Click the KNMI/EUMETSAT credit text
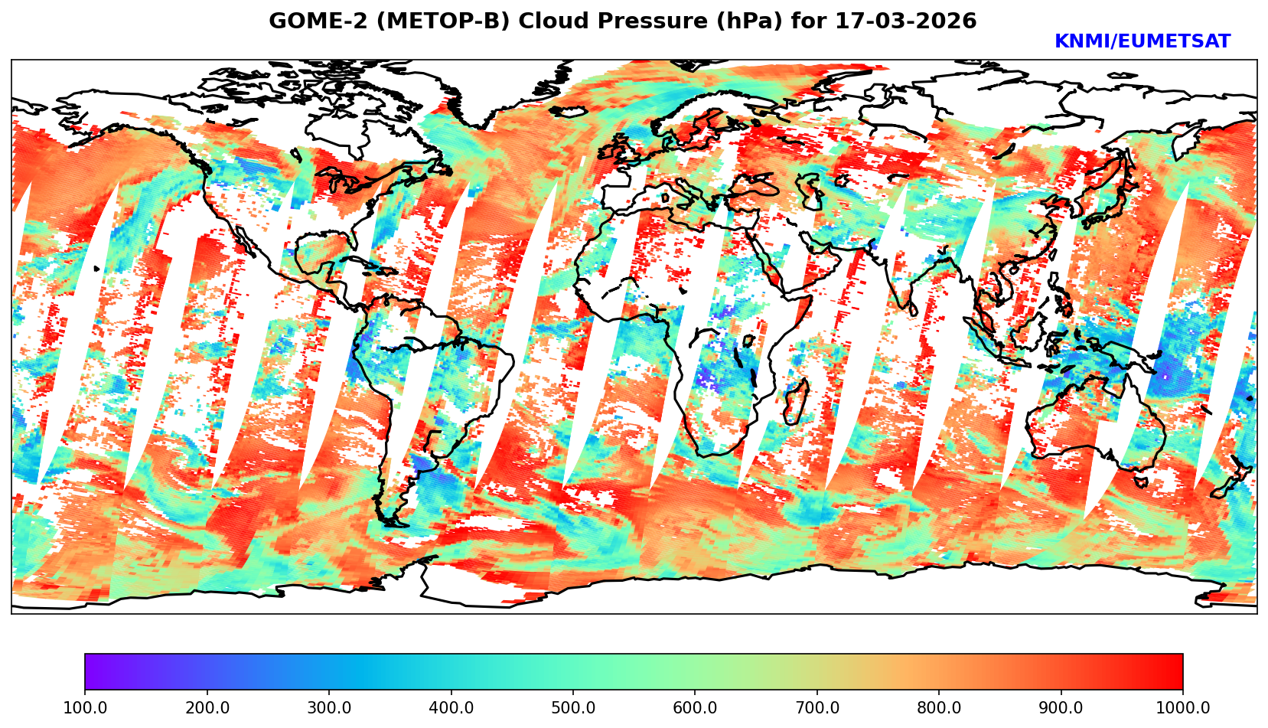[1142, 42]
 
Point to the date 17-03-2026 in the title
[906, 21]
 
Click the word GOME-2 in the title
[311, 21]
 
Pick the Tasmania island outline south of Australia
[1139, 481]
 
